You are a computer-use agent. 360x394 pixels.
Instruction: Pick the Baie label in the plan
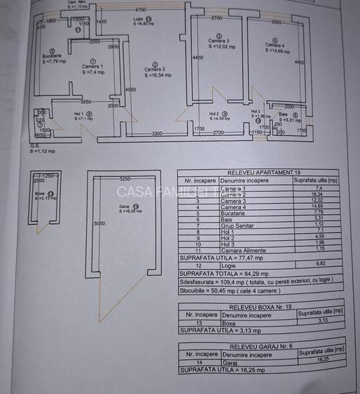point(284,115)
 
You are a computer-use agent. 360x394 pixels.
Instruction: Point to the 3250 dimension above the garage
point(125,178)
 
